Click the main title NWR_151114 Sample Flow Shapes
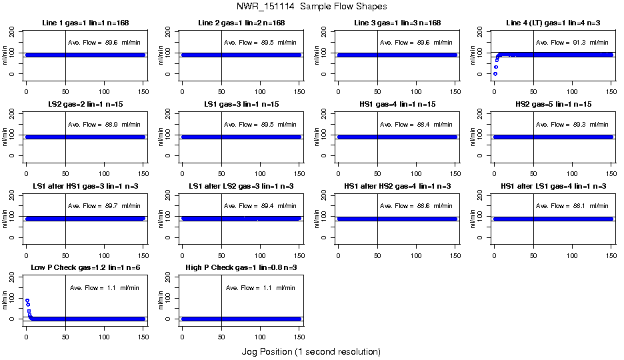coord(311,7)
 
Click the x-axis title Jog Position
coord(311,351)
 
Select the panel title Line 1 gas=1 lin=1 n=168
coord(85,23)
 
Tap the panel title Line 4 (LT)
coord(553,23)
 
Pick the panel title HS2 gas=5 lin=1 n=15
coord(553,105)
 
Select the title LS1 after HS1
coord(85,187)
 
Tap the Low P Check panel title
coord(85,268)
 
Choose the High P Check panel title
coord(241,268)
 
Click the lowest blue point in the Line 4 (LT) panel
coord(495,74)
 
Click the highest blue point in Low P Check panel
coord(27,301)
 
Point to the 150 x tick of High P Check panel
coord(299,329)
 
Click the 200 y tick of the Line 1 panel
coord(11,31)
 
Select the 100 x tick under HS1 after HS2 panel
coord(417,247)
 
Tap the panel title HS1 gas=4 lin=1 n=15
coord(397,105)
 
